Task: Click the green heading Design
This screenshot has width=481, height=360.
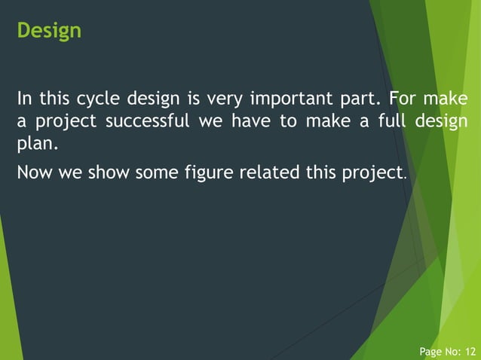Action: click(x=49, y=31)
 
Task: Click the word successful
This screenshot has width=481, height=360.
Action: click(x=148, y=121)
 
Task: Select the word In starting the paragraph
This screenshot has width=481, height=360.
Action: click(x=24, y=99)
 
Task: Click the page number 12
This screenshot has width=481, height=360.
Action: click(x=470, y=351)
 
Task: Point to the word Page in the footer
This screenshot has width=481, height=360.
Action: click(x=430, y=351)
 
